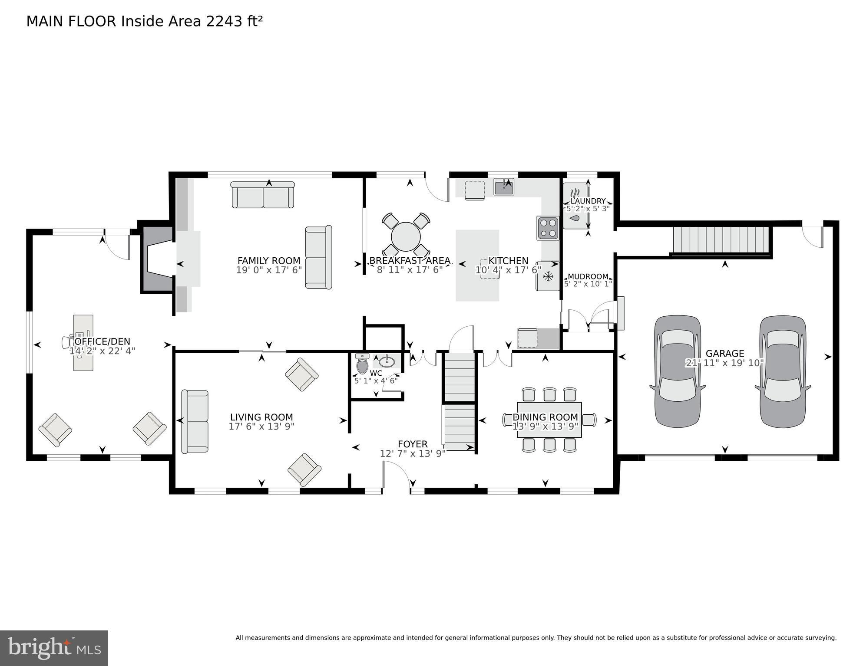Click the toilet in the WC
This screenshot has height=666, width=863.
pyautogui.click(x=362, y=364)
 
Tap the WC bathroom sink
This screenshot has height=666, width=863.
pyautogui.click(x=387, y=361)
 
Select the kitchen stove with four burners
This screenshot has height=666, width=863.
pyautogui.click(x=548, y=228)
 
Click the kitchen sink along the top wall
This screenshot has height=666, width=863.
pyautogui.click(x=504, y=187)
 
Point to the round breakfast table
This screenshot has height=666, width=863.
pyautogui.click(x=406, y=237)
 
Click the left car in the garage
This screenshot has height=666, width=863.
pyautogui.click(x=677, y=371)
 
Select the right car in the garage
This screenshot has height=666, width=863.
pyautogui.click(x=783, y=371)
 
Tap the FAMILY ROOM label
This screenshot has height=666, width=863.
pyautogui.click(x=268, y=261)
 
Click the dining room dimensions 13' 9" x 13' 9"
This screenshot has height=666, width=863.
pyautogui.click(x=545, y=427)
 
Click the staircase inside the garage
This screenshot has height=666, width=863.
pyautogui.click(x=721, y=239)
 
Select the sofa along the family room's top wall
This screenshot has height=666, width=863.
pyautogui.click(x=263, y=195)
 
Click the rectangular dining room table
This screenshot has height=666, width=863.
pyautogui.click(x=549, y=420)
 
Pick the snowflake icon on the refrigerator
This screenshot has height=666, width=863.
pyautogui.click(x=549, y=276)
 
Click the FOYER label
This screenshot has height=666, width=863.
pyautogui.click(x=413, y=444)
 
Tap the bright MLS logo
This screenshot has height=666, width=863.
pyautogui.click(x=54, y=648)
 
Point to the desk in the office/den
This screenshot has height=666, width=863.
pyautogui.click(x=83, y=343)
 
